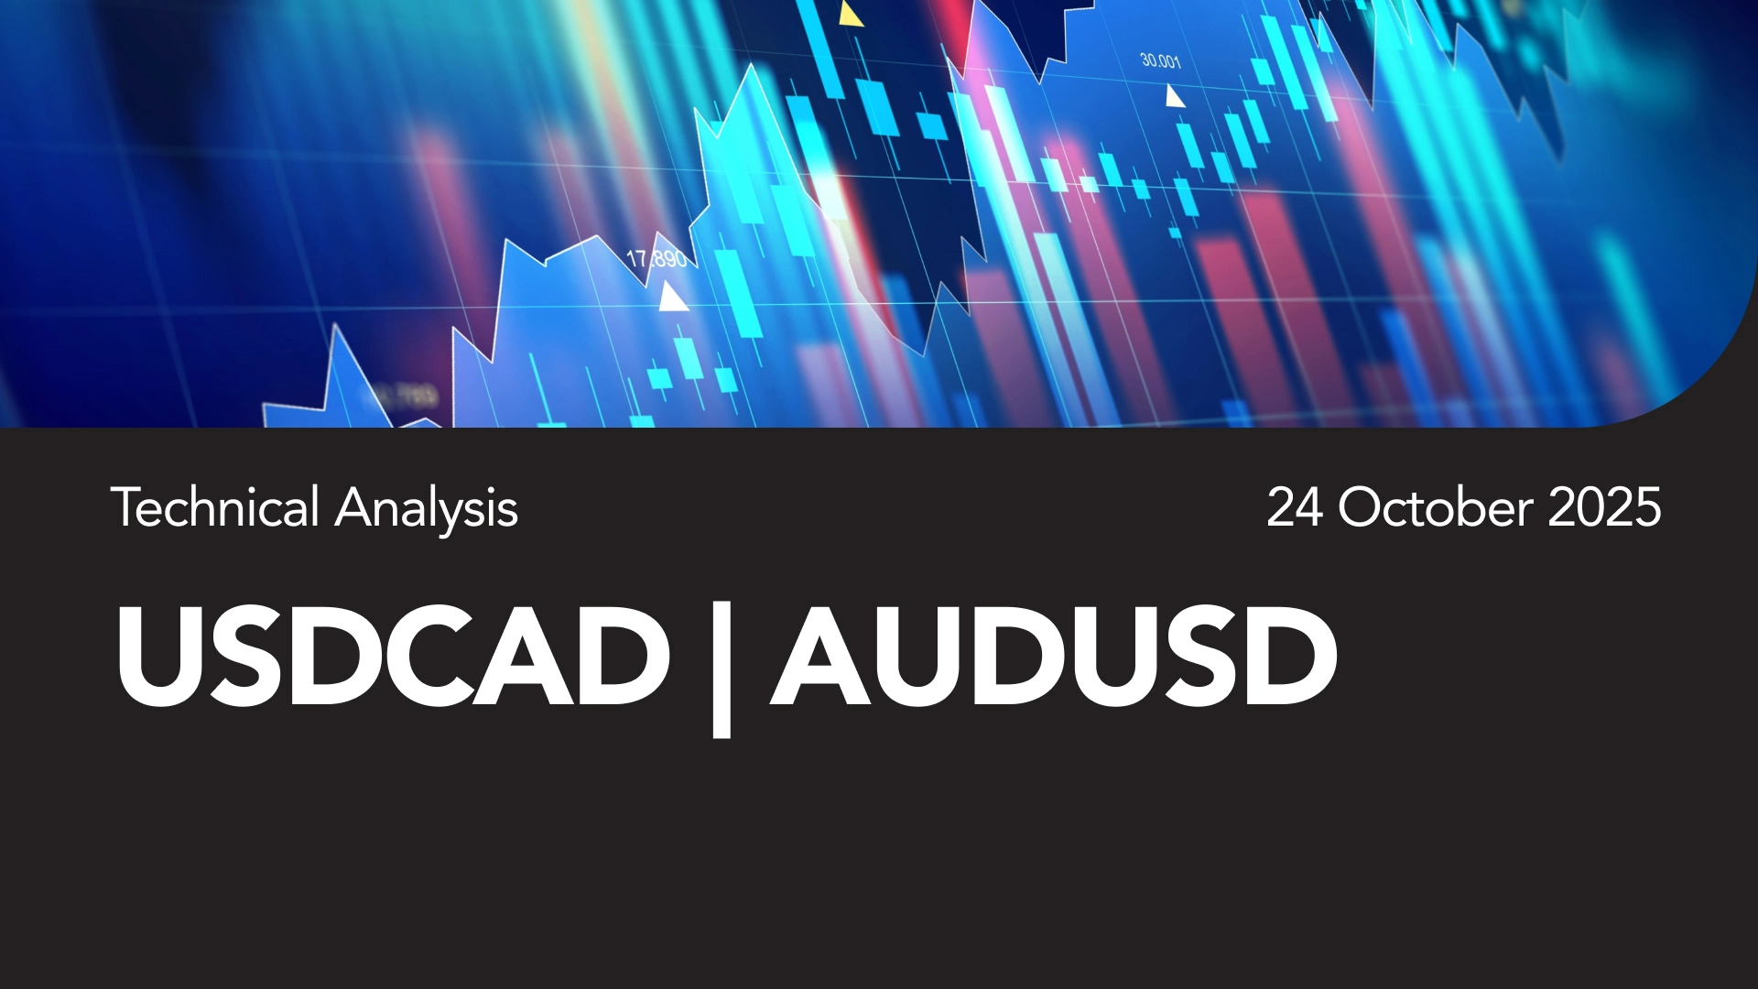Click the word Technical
pyautogui.click(x=215, y=507)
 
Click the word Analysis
pyautogui.click(x=427, y=509)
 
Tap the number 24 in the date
pyautogui.click(x=1295, y=507)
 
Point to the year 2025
pyautogui.click(x=1604, y=507)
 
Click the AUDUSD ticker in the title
pyautogui.click(x=1054, y=656)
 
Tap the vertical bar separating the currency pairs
pyautogui.click(x=722, y=668)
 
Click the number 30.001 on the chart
pyautogui.click(x=1161, y=61)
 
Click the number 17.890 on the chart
pyautogui.click(x=657, y=259)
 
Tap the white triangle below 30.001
pyautogui.click(x=1174, y=95)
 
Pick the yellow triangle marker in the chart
pyautogui.click(x=851, y=14)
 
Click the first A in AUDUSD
pyautogui.click(x=821, y=656)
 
